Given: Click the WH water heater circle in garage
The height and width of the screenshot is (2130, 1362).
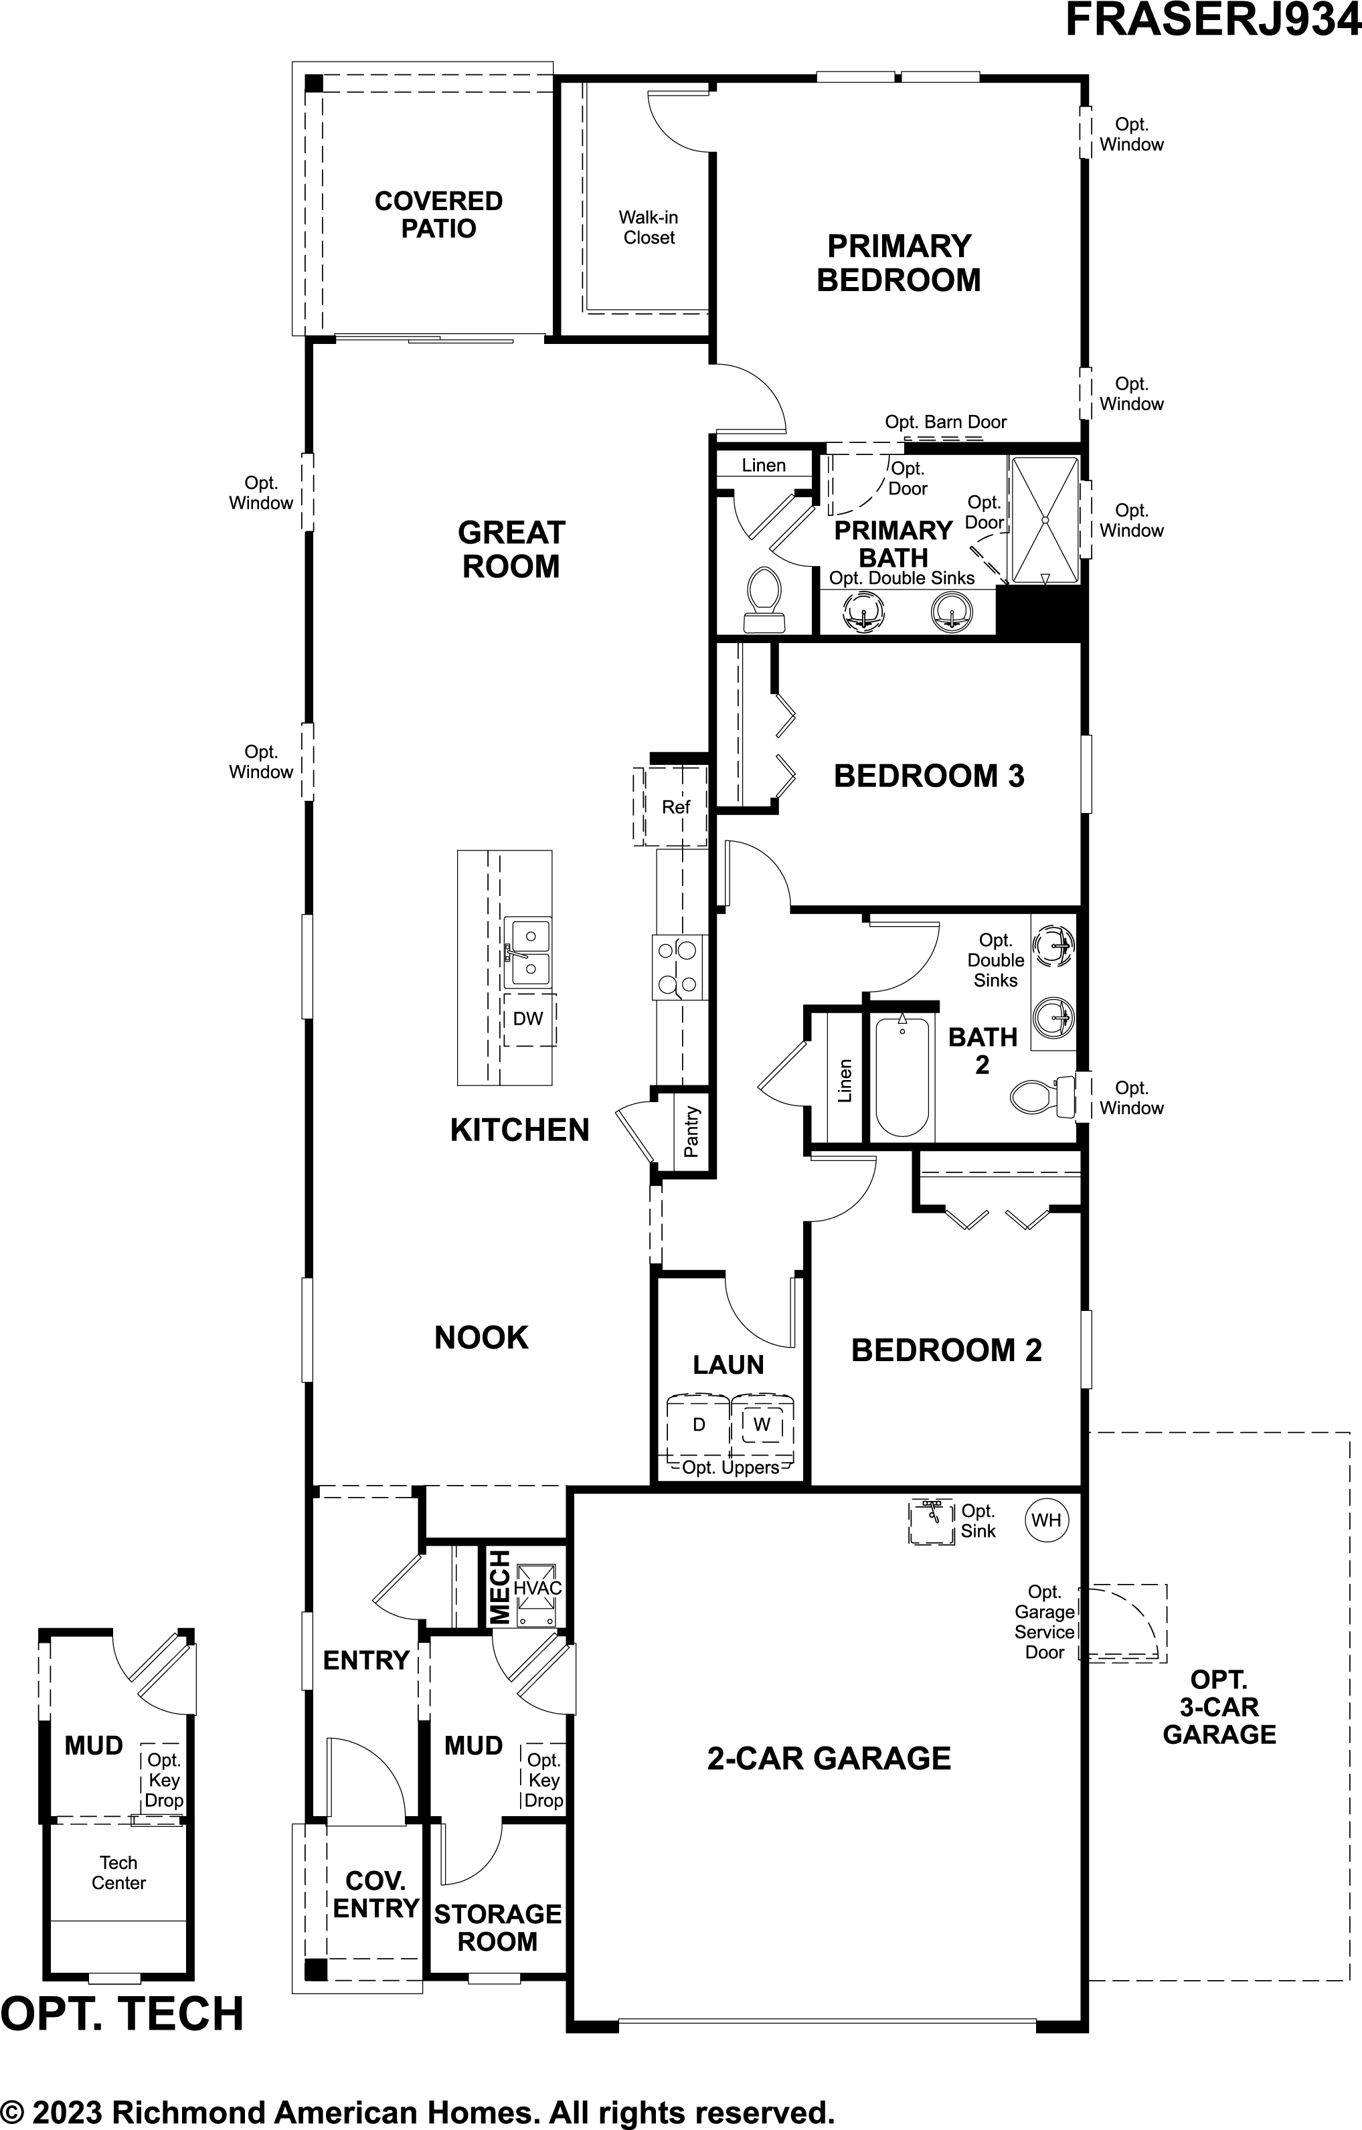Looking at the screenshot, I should (x=1046, y=1520).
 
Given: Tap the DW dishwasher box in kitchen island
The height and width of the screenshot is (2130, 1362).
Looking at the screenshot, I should (x=529, y=1018).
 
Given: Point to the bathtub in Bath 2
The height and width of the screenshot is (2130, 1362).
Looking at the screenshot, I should (x=902, y=1077).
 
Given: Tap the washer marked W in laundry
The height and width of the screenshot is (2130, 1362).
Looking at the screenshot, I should (x=762, y=1424).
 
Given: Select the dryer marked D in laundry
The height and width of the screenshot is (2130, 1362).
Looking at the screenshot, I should (x=699, y=1424).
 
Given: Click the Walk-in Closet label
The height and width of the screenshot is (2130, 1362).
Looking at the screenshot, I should (x=649, y=228).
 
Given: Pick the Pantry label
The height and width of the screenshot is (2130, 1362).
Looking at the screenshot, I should (x=691, y=1132).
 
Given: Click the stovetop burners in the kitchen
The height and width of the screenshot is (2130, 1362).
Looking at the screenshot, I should (x=679, y=968).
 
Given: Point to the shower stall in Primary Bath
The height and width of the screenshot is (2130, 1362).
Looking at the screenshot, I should (x=1045, y=519).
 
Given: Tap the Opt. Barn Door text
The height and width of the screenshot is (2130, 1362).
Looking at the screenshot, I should (x=946, y=422).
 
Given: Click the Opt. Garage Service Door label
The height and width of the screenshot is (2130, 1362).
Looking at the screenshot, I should (x=1045, y=1621).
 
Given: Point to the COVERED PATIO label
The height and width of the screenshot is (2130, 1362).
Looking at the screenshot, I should (x=438, y=214).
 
